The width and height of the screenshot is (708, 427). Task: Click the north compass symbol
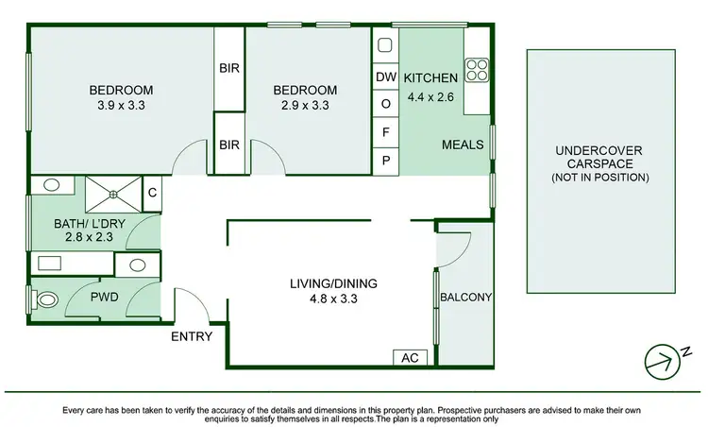point(662,359)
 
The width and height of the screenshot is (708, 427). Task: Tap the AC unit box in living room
point(408,358)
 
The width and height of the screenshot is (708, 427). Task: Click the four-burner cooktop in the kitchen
point(477,71)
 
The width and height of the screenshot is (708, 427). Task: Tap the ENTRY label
point(191,336)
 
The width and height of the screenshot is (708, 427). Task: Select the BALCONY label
point(466,297)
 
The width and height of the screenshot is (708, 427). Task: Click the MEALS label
point(463,145)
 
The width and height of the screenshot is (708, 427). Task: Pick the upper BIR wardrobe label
point(229,69)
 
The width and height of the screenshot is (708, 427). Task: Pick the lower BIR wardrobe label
point(229,145)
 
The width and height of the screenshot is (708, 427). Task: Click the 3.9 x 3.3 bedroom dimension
point(121,106)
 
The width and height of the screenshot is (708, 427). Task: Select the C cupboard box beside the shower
point(153,194)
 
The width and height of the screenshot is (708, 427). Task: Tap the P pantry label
point(385,160)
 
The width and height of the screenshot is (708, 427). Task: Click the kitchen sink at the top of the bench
point(385,44)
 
